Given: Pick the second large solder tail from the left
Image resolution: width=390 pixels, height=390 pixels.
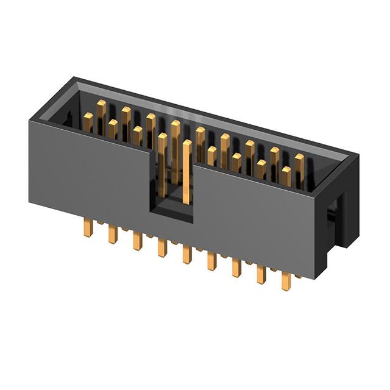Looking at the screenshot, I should coord(112,234).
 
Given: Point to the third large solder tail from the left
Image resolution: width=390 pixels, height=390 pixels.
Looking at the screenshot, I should coord(136,241).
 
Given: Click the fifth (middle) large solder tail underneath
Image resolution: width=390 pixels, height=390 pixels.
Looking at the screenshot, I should coord(186,254).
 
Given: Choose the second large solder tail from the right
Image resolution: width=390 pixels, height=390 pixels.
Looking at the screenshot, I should coord(261,274).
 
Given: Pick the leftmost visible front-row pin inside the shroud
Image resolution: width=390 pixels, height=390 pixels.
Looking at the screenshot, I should coord(113,127).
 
